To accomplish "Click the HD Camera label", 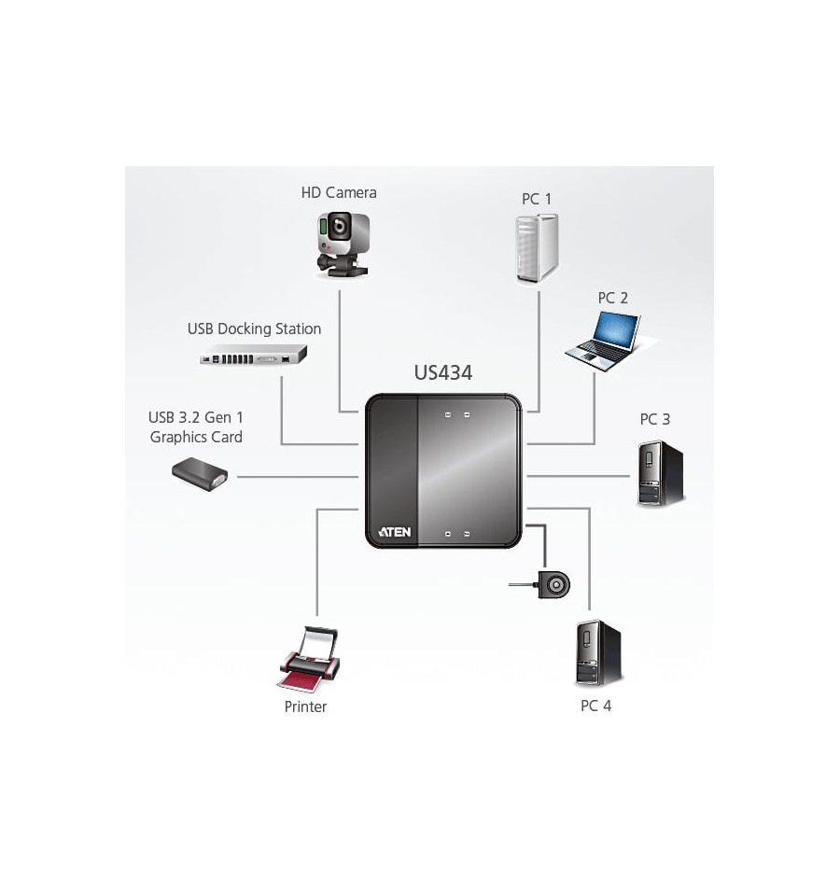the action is [x=339, y=193].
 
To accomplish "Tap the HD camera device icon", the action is [x=343, y=245].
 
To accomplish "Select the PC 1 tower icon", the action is [x=537, y=248].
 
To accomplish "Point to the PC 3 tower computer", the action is [x=660, y=473].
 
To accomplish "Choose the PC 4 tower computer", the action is [x=597, y=653].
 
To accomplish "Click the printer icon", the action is [x=309, y=659].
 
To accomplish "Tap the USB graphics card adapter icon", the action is [x=201, y=474].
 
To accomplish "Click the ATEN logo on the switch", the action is [x=394, y=532].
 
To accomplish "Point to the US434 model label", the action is [x=443, y=372].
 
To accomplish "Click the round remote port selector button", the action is [x=553, y=585].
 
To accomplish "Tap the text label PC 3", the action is [x=654, y=419].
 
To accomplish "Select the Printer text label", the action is [x=305, y=706].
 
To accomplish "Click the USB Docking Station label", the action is [x=254, y=329].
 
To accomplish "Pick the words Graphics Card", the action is [x=196, y=437].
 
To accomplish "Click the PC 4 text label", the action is [x=595, y=706].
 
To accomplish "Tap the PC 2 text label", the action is [x=613, y=298].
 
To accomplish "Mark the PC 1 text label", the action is [x=537, y=199].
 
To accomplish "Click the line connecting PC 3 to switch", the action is [x=578, y=476].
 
